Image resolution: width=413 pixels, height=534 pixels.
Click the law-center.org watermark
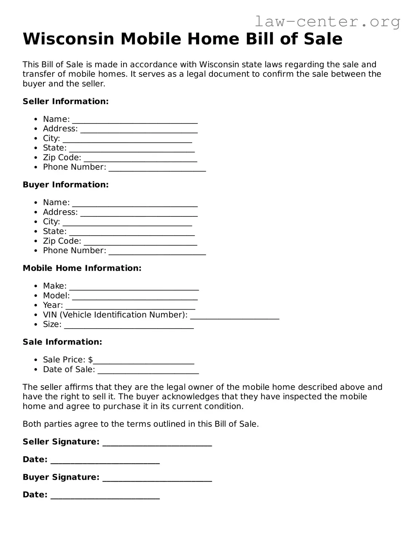click(327, 22)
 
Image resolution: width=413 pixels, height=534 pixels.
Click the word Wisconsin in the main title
click(69, 39)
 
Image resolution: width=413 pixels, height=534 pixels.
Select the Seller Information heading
click(66, 101)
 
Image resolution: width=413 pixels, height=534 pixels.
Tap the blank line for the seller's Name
click(135, 120)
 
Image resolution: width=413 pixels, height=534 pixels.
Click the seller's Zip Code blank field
click(140, 159)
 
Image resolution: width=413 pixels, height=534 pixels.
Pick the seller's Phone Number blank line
click(157, 168)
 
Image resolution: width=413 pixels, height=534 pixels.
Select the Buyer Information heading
click(66, 185)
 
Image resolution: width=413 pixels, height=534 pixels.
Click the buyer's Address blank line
click(139, 213)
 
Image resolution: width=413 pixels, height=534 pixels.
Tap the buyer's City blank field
click(127, 223)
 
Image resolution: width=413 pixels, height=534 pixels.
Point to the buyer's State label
click(55, 231)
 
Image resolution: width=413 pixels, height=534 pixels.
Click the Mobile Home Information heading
click(82, 268)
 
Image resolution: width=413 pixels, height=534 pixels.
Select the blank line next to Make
click(134, 287)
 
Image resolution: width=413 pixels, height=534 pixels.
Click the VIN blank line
click(235, 316)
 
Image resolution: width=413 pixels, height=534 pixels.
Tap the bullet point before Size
click(35, 325)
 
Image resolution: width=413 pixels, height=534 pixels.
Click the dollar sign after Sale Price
click(90, 360)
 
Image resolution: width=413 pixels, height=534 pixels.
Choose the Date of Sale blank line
click(148, 371)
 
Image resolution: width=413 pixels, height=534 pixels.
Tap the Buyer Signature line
click(157, 479)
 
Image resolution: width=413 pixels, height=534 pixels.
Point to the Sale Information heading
click(62, 342)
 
